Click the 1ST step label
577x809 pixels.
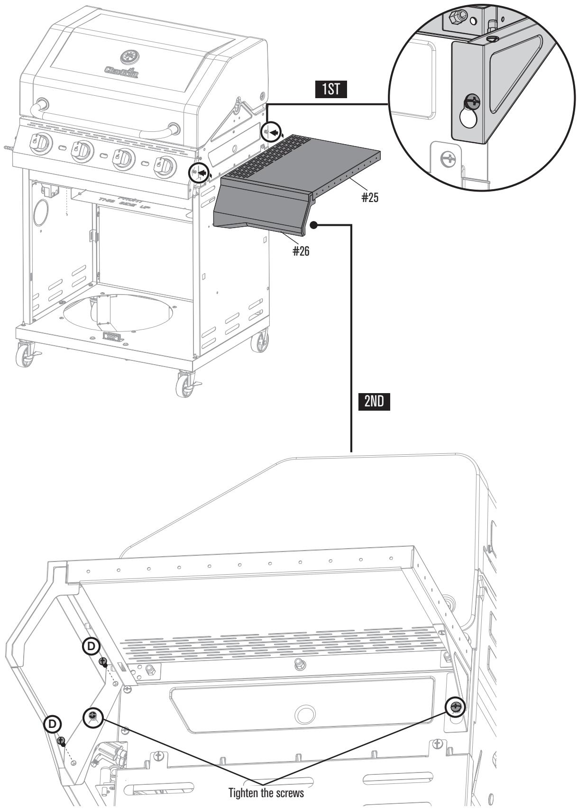click(x=331, y=90)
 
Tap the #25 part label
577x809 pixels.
click(x=370, y=197)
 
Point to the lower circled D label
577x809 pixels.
click(x=52, y=724)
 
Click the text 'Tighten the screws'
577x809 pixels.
click(x=266, y=792)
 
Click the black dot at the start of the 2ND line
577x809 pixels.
click(x=313, y=226)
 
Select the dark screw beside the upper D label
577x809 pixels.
click(x=102, y=662)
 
